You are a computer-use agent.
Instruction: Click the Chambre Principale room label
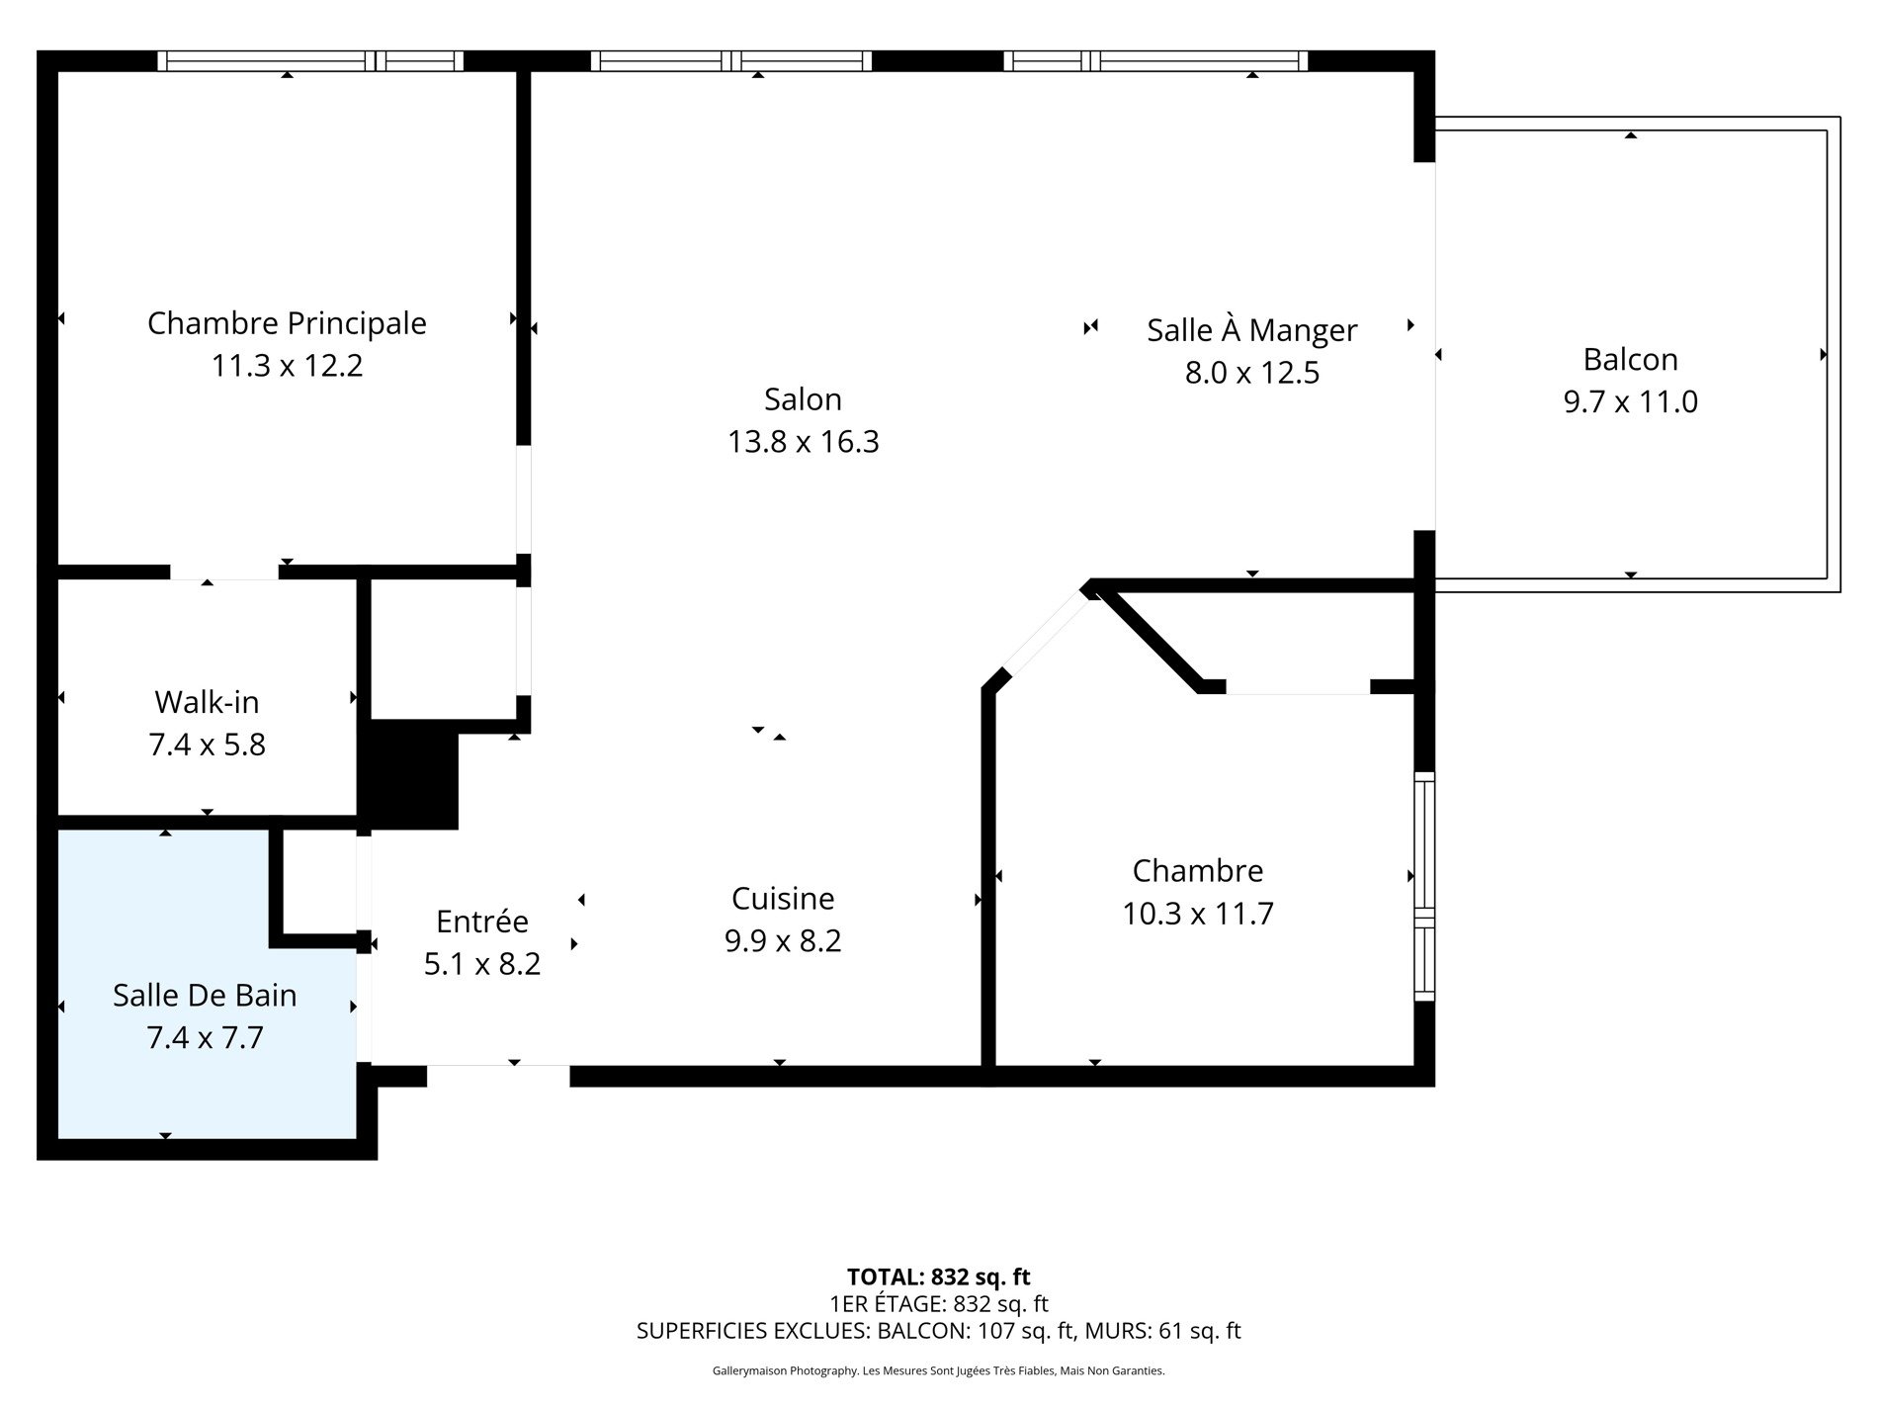[x=287, y=323]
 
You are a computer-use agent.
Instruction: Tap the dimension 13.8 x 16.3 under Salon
[x=803, y=442]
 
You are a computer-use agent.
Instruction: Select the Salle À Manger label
[x=1251, y=330]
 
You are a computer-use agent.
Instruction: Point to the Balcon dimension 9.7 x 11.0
[x=1630, y=402]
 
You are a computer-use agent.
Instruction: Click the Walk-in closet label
[x=207, y=703]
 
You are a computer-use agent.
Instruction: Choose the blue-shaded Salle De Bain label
[x=205, y=996]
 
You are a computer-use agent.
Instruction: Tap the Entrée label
[x=482, y=922]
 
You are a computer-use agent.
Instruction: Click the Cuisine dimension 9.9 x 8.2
[x=782, y=941]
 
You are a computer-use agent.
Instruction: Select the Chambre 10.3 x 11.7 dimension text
[x=1197, y=914]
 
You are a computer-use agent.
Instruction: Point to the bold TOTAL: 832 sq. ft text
[x=938, y=1277]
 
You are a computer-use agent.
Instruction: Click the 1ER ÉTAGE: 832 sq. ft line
[x=938, y=1303]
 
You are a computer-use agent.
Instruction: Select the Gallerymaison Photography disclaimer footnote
[x=938, y=1371]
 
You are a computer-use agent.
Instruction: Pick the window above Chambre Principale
[x=309, y=61]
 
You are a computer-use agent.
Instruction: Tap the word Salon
[x=803, y=399]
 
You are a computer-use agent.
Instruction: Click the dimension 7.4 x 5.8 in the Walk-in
[x=207, y=745]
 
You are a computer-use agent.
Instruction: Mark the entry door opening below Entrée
[x=497, y=1066]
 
